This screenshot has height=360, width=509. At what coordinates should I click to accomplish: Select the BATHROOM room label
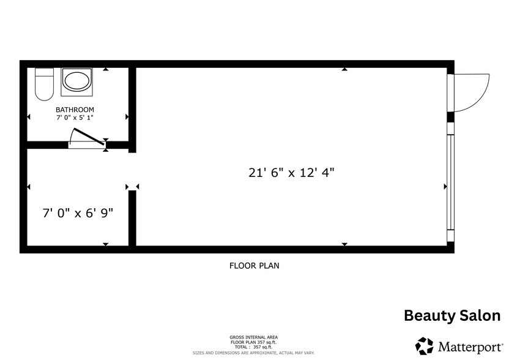click(x=75, y=110)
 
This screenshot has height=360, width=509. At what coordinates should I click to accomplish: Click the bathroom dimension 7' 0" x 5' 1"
click(x=75, y=117)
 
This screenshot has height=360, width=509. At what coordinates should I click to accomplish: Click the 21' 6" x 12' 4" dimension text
click(x=291, y=173)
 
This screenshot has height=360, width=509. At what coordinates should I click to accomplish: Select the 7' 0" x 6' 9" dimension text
click(x=78, y=213)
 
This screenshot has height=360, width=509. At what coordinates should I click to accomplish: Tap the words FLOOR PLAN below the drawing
click(x=254, y=266)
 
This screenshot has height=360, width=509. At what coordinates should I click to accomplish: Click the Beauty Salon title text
click(x=452, y=316)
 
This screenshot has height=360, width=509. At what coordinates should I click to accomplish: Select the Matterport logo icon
click(x=425, y=345)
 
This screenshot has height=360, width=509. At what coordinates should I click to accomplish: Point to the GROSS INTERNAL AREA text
click(x=254, y=337)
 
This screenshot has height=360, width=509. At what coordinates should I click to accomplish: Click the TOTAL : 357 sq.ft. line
click(x=254, y=347)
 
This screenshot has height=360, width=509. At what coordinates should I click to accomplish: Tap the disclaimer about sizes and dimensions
click(x=254, y=353)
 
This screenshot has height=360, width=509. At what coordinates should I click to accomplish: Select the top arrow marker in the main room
click(x=344, y=70)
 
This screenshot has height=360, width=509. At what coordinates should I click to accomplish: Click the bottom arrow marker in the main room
click(x=344, y=244)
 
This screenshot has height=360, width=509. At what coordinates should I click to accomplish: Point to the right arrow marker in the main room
click(x=445, y=186)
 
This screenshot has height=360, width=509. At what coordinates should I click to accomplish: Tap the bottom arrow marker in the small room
click(x=106, y=244)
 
